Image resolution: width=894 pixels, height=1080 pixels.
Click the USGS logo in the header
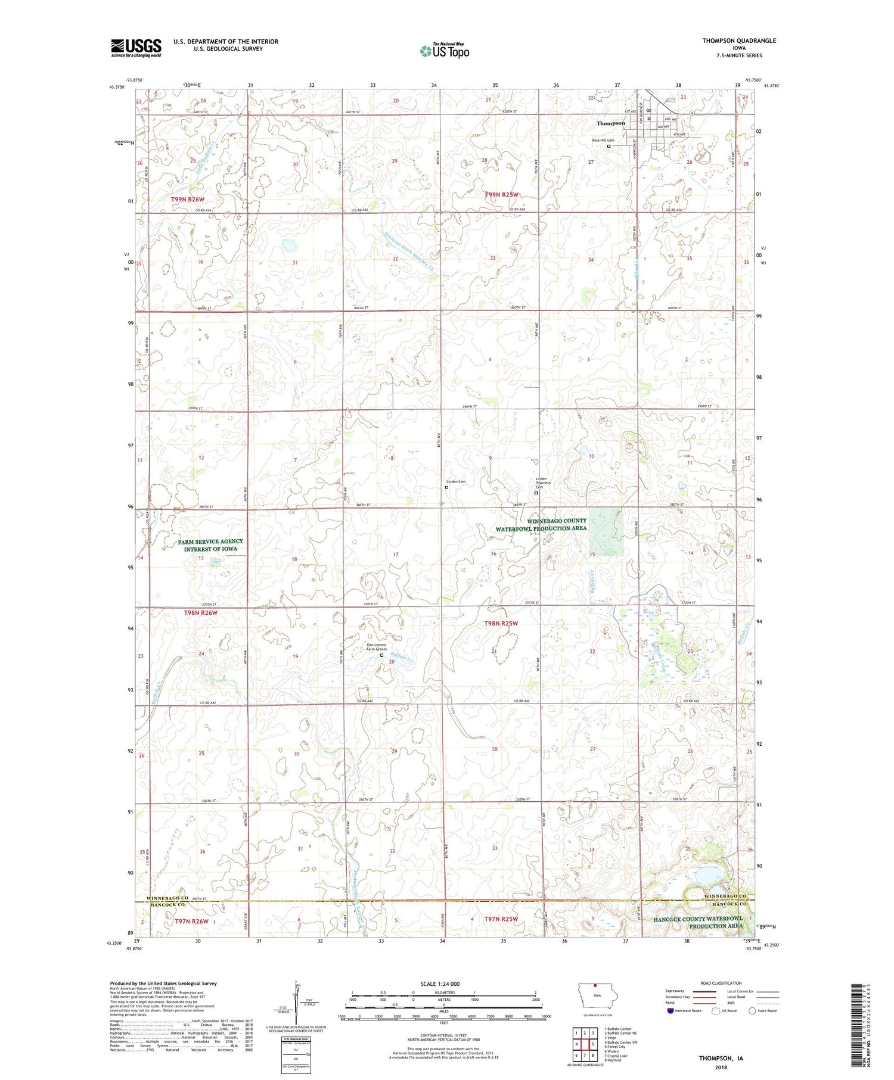pyautogui.click(x=136, y=48)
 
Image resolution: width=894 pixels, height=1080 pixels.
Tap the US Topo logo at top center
pyautogui.click(x=445, y=51)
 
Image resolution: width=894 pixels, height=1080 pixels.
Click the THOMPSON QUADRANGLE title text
pyautogui.click(x=738, y=41)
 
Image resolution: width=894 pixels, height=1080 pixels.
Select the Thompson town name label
pyautogui.click(x=611, y=123)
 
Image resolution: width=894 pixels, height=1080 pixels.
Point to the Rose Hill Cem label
pyautogui.click(x=603, y=141)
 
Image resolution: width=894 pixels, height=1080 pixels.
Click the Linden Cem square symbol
pyautogui.click(x=446, y=487)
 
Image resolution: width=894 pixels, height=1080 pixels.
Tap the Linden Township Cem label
pyautogui.click(x=541, y=483)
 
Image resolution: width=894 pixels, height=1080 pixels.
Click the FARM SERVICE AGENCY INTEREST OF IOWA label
pyautogui.click(x=210, y=545)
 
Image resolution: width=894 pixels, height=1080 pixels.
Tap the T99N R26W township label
pyautogui.click(x=188, y=199)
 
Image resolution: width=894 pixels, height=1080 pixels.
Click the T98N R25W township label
pyautogui.click(x=501, y=623)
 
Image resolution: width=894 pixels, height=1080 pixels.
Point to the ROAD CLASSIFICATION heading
pyautogui.click(x=721, y=983)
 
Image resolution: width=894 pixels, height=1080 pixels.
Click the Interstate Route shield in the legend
pyautogui.click(x=670, y=1010)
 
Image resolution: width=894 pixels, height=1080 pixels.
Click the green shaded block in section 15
pyautogui.click(x=606, y=532)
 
